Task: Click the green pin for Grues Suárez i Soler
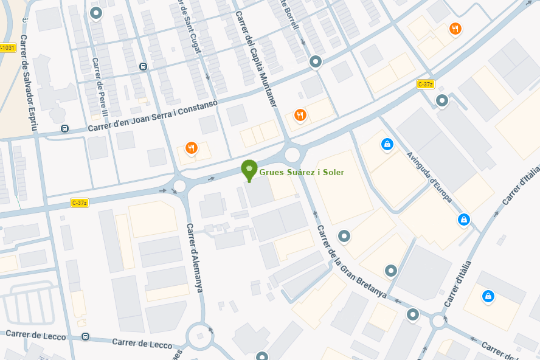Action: (249, 170)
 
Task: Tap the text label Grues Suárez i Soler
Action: (302, 173)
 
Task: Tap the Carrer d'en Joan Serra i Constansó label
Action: (153, 116)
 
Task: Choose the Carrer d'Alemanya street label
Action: (195, 258)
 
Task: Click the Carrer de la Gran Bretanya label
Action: (351, 261)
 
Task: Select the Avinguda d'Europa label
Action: (429, 177)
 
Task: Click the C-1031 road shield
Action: (7, 47)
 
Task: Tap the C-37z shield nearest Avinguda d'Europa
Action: (425, 85)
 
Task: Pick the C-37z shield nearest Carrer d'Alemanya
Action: (80, 202)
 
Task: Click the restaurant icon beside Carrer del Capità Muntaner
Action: (300, 114)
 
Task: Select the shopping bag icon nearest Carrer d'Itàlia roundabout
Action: (487, 296)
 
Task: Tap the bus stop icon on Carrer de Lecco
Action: (85, 336)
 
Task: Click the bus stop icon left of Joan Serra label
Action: (64, 128)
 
